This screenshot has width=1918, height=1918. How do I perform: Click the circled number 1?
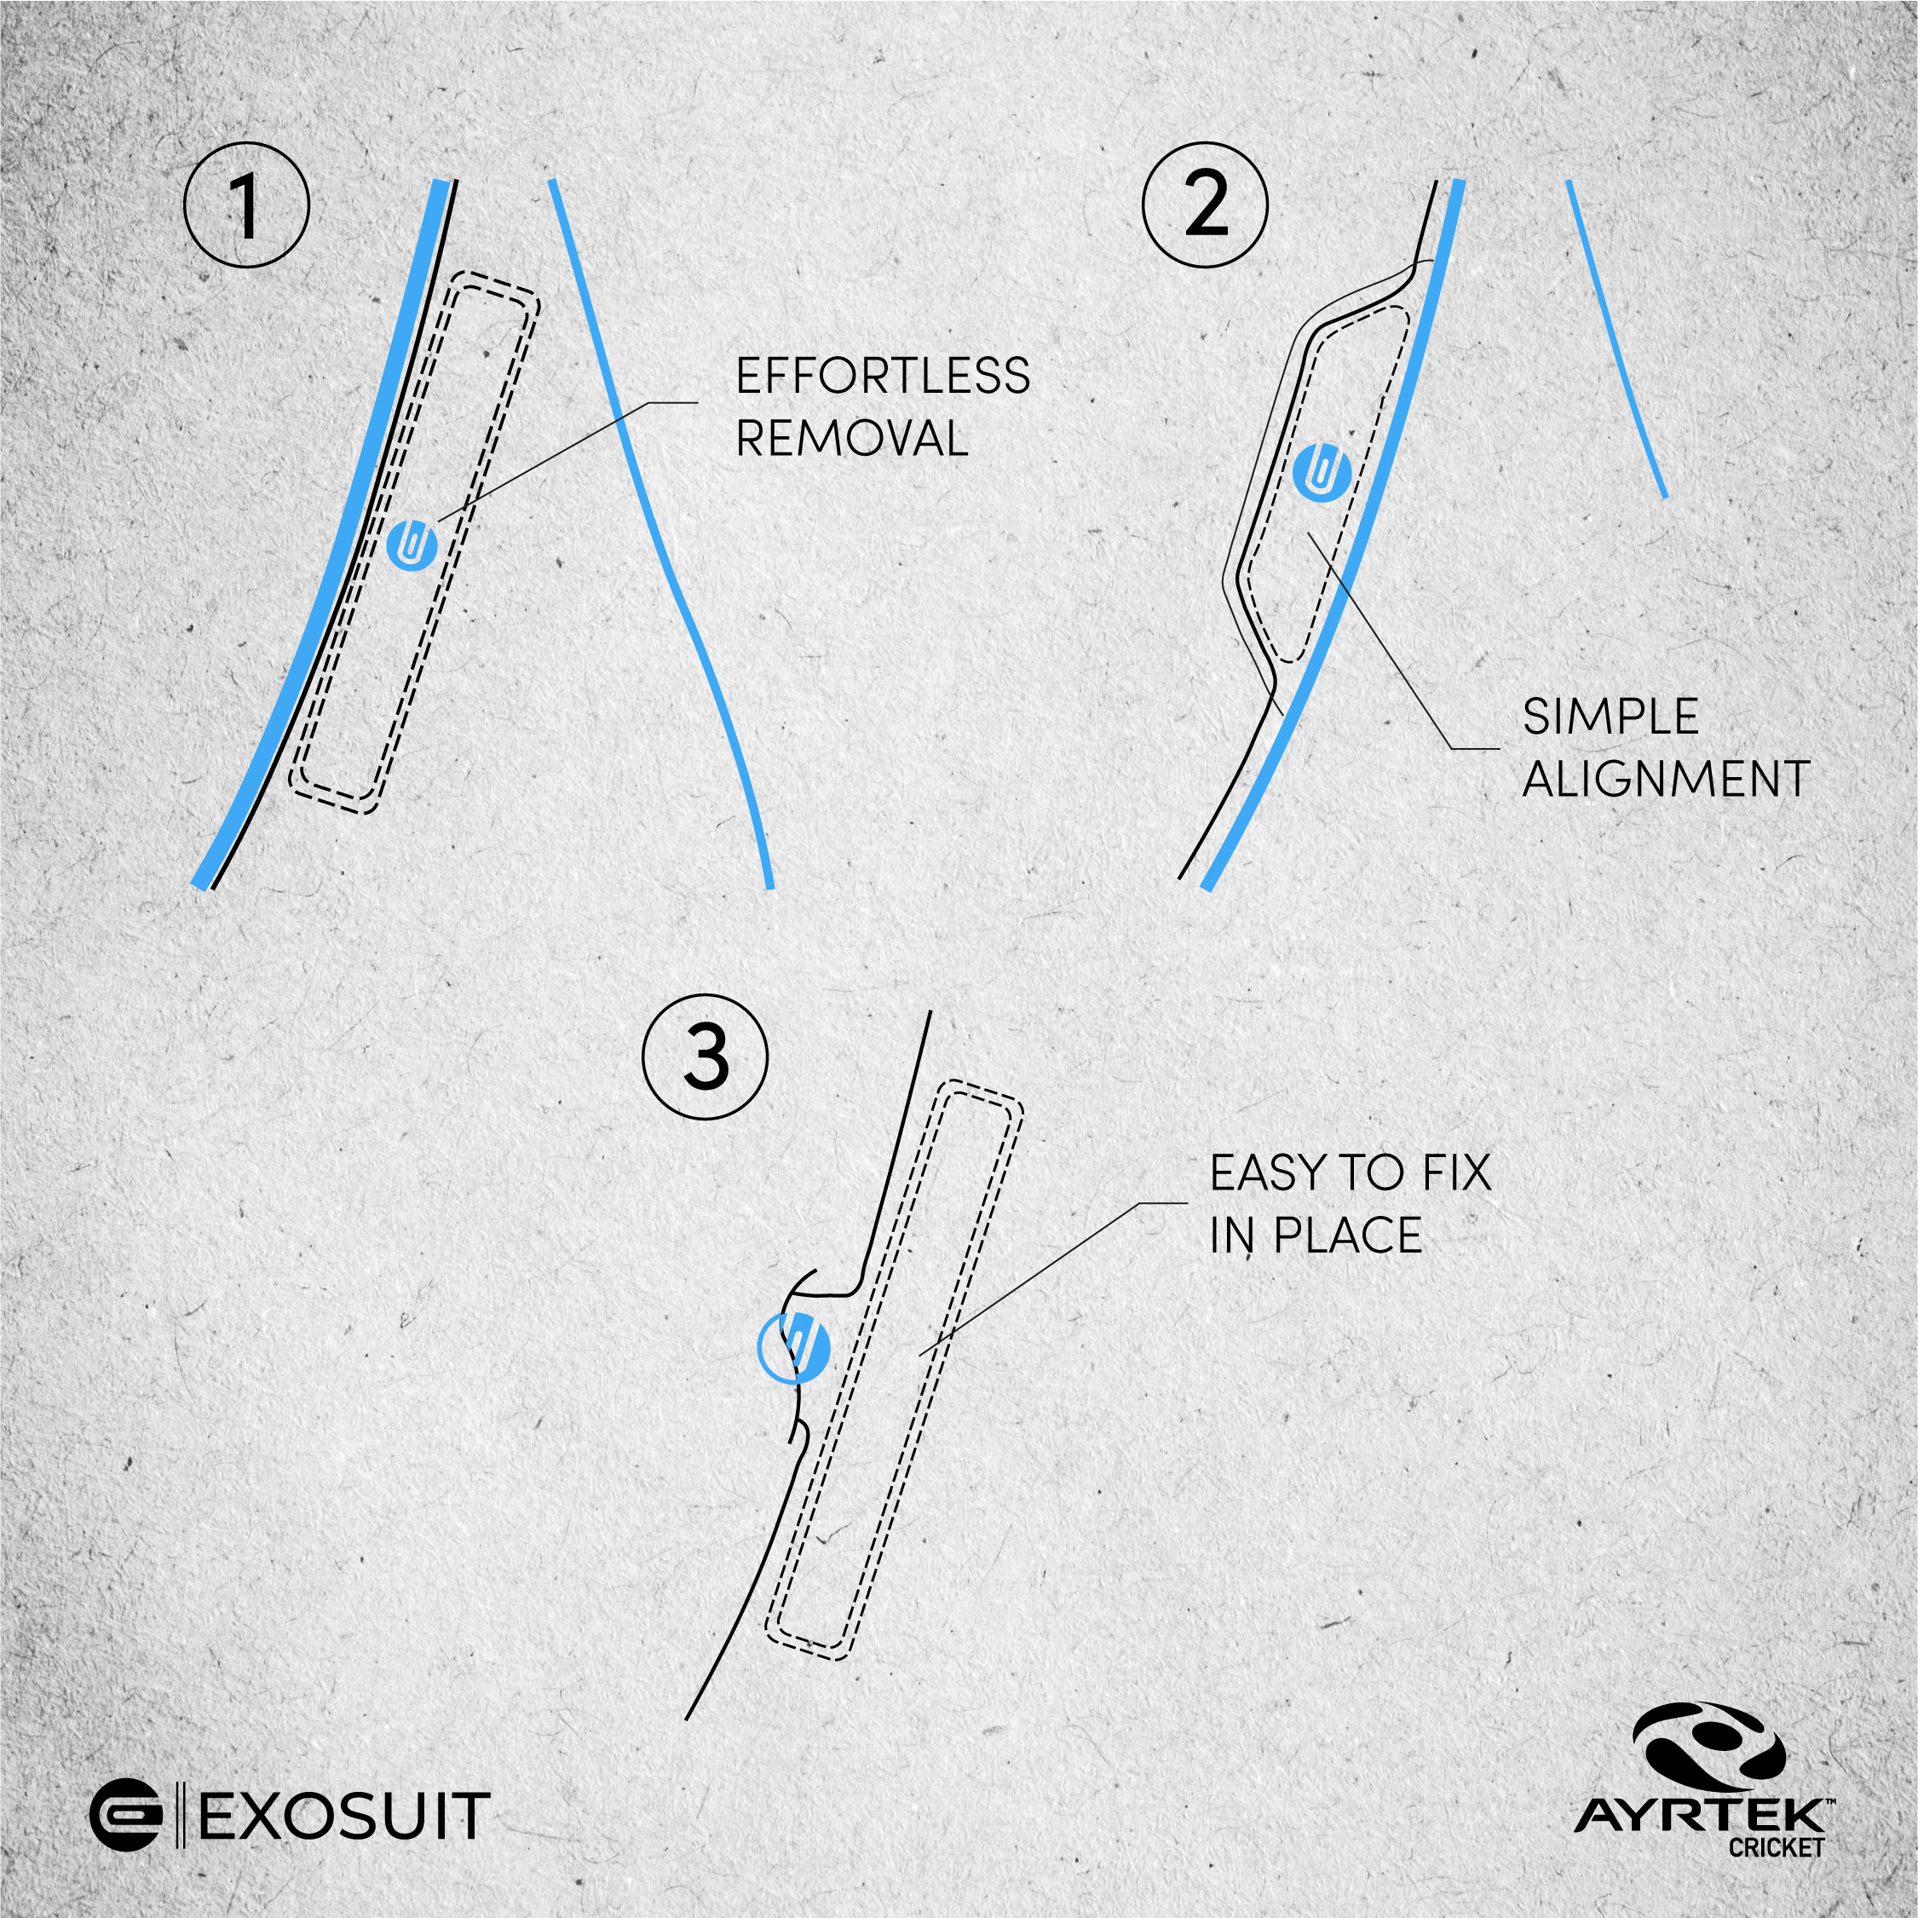tap(246, 205)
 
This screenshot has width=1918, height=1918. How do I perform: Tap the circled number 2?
tap(1205, 205)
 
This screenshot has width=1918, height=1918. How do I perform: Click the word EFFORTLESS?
tap(883, 377)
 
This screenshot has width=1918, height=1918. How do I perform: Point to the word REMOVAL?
tap(852, 438)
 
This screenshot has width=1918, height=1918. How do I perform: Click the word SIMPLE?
tap(1610, 717)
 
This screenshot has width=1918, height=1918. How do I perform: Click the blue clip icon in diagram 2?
tap(1323, 471)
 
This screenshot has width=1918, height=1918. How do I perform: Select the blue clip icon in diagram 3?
tap(792, 1347)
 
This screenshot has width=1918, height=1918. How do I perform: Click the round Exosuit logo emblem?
tap(126, 1816)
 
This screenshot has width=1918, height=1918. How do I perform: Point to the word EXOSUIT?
tap(344, 1817)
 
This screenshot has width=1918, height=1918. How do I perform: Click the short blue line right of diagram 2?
tap(1616, 338)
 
